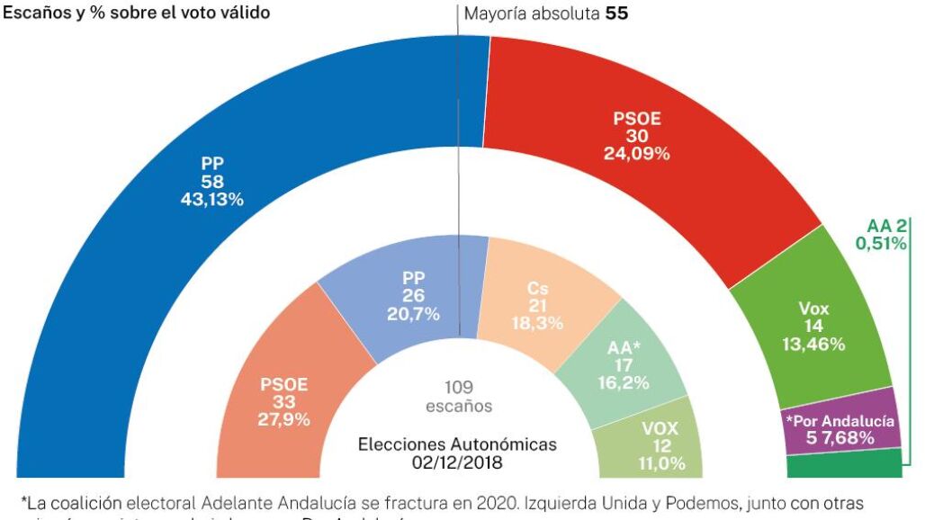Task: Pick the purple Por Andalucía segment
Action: [x=841, y=427]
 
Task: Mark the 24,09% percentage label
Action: [x=637, y=154]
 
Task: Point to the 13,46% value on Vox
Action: [x=813, y=344]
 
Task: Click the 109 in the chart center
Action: [x=458, y=388]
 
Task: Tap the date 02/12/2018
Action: [x=458, y=462]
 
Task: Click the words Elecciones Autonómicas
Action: [x=458, y=444]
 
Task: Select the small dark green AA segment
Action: [x=844, y=465]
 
